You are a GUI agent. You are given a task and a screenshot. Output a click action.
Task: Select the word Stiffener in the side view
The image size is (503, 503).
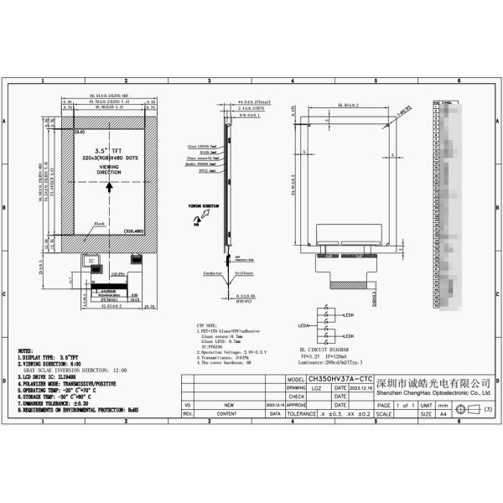pyautogui.click(x=242, y=272)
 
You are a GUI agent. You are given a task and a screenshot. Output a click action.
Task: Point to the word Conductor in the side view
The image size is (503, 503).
pyautogui.click(x=213, y=272)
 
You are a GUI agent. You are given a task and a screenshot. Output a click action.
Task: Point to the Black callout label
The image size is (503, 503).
pyautogui.click(x=100, y=225)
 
